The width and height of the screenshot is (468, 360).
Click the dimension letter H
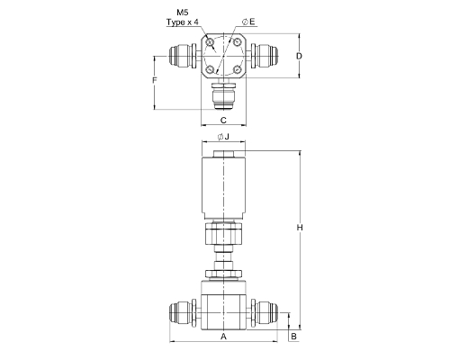pyautogui.click(x=300, y=228)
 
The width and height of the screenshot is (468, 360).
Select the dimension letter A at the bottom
pyautogui.click(x=223, y=337)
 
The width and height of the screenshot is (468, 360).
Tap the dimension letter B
pyautogui.click(x=293, y=337)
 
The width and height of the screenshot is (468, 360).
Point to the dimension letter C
pyautogui.click(x=223, y=121)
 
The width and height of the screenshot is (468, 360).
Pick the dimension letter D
pyautogui.click(x=299, y=56)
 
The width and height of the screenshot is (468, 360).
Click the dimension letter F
pyautogui.click(x=155, y=80)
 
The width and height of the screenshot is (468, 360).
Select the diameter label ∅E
pyautogui.click(x=248, y=22)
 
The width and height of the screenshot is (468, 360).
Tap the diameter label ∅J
pyautogui.click(x=223, y=137)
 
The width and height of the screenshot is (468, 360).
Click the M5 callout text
pyautogui.click(x=183, y=13)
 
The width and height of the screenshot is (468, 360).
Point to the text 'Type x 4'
pyautogui.click(x=183, y=22)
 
